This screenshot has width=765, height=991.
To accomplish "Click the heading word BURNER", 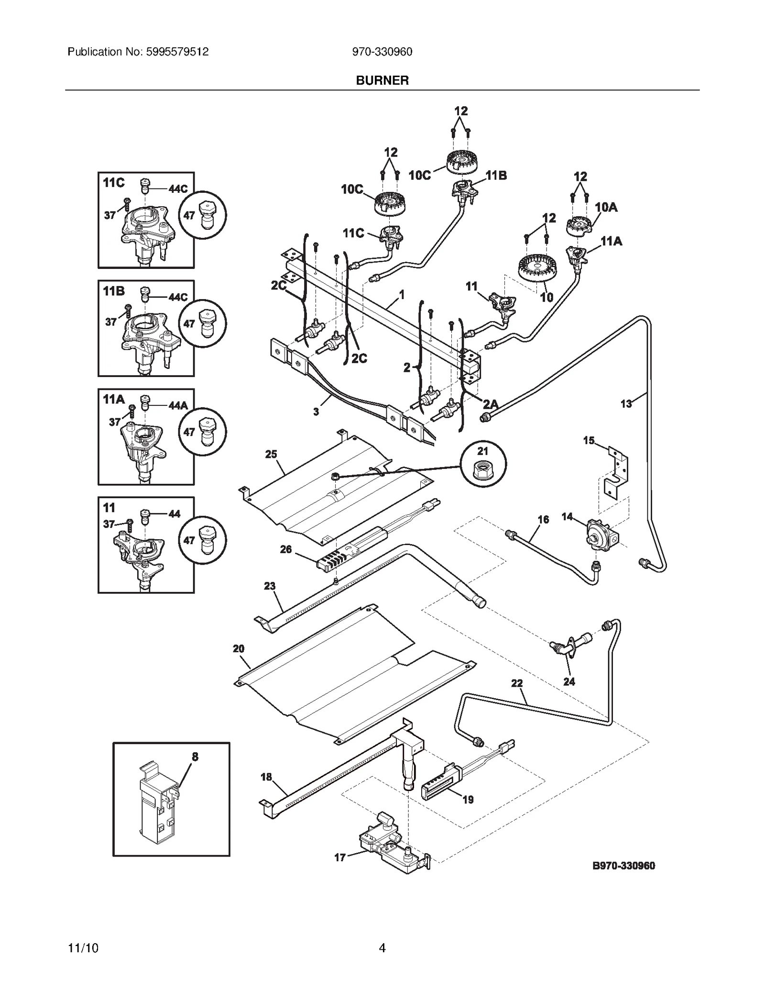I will tap(382, 80).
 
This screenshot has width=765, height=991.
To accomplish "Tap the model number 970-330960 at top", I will tap(382, 52).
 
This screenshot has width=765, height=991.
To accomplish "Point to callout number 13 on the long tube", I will tap(626, 404).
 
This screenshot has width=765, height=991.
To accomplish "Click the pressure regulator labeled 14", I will tap(601, 533).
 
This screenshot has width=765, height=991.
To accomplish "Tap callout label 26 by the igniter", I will tap(285, 549).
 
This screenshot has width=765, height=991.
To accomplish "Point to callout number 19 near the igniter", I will tap(468, 799).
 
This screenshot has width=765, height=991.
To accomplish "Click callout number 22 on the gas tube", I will tap(517, 683).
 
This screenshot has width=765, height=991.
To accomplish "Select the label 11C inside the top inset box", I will tap(113, 183).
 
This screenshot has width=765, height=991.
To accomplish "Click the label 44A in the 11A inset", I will tap(178, 405).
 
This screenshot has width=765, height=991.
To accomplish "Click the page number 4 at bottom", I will tap(382, 948).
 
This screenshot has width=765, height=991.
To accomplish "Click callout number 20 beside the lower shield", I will tap(238, 649).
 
